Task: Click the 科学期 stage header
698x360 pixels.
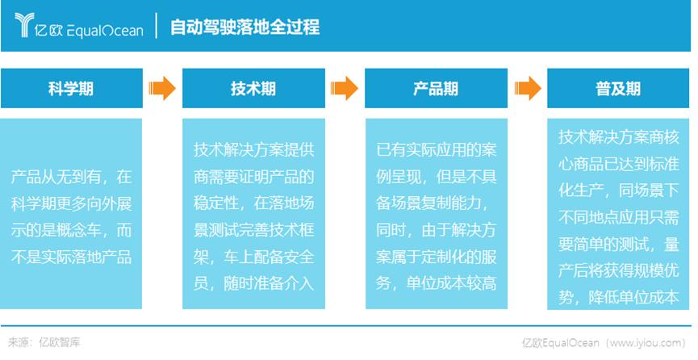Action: coord(71,88)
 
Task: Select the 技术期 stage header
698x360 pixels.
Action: coord(253,88)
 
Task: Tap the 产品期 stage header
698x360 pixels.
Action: coord(436,88)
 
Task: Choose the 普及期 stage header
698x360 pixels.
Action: coord(618,88)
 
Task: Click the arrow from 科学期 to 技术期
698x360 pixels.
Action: coord(162,88)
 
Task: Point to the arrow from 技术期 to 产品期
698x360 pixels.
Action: coord(345,88)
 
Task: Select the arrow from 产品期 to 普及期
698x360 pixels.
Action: coord(528,88)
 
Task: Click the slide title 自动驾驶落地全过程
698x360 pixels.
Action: coord(245,27)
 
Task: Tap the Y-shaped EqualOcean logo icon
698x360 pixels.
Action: coord(24,25)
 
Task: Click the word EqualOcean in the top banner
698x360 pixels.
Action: coord(106,31)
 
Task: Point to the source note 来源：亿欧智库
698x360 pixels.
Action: coord(44,342)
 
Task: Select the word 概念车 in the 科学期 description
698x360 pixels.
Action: coord(86,231)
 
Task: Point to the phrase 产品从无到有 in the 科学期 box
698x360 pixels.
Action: coord(56,178)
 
